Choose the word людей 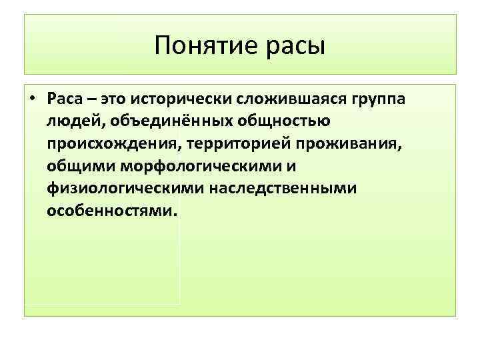69,122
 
